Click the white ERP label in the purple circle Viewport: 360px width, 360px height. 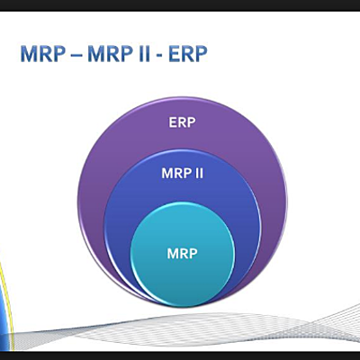click(183, 120)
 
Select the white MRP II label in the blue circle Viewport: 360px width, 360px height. click(183, 171)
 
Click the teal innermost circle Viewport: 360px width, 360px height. click(183, 270)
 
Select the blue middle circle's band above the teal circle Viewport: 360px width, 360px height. click(183, 193)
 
